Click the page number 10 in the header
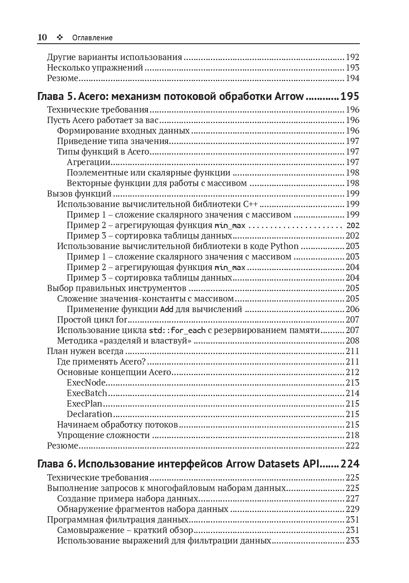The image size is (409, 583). (x=42, y=37)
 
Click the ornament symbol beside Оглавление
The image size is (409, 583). (x=60, y=37)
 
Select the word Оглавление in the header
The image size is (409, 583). (x=92, y=38)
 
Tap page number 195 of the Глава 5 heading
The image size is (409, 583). (x=350, y=97)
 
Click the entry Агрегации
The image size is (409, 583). (x=89, y=162)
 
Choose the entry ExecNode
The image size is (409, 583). (x=86, y=383)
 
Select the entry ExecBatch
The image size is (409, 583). (x=87, y=393)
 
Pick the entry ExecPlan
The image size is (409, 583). (x=84, y=404)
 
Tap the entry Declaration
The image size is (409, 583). (x=89, y=414)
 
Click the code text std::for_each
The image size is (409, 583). (x=177, y=331)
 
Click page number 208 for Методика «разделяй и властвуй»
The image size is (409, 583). (x=352, y=341)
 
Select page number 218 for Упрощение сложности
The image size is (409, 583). (x=352, y=435)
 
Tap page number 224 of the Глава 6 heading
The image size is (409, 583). (x=350, y=464)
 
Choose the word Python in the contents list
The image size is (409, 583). (x=284, y=246)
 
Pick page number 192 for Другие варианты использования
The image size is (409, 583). (x=352, y=57)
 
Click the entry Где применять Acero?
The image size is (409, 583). (x=101, y=362)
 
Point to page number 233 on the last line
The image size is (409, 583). (x=352, y=541)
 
